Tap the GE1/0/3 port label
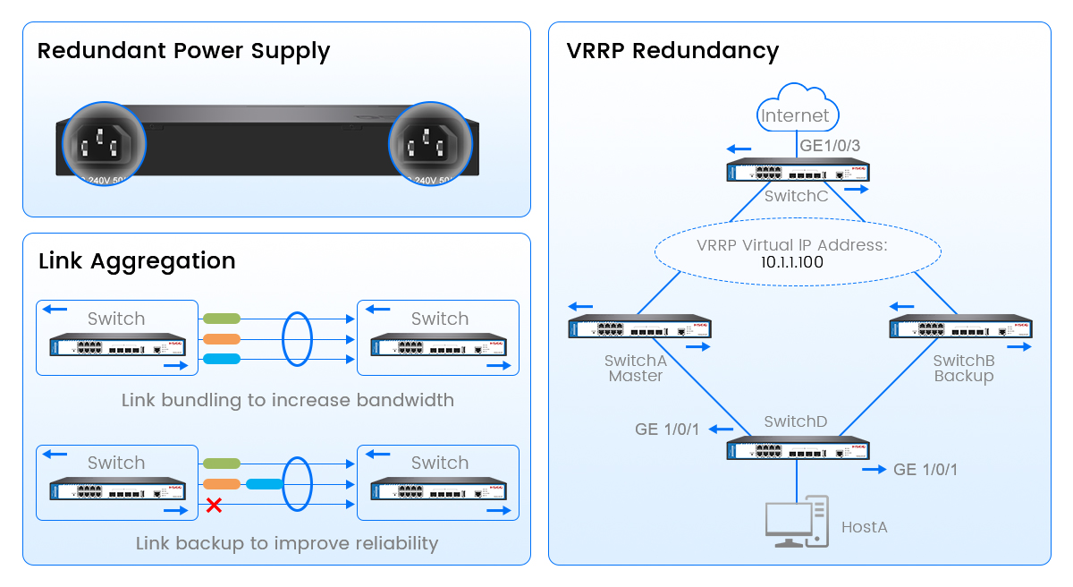point(830,145)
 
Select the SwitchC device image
point(798,171)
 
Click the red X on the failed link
point(214,506)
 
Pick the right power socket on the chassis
point(430,143)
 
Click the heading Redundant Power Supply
point(183,51)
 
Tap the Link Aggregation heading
point(137,260)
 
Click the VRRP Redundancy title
point(672,51)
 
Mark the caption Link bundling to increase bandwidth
point(287,400)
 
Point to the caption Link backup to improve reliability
point(287,543)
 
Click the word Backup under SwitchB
point(963,376)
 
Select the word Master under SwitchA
point(635,376)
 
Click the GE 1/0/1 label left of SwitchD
point(667,430)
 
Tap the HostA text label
point(864,527)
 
